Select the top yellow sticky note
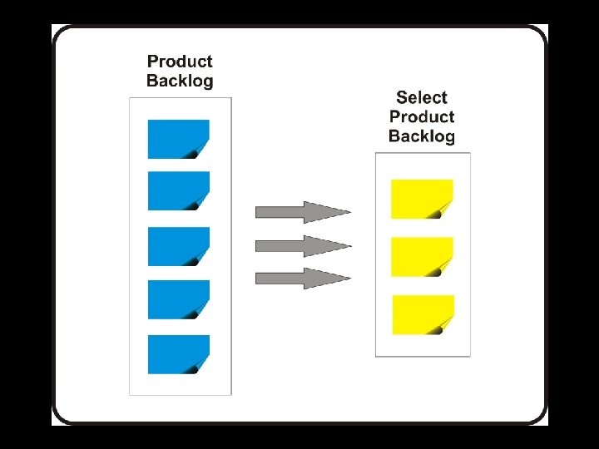(x=422, y=199)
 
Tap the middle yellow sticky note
(x=422, y=257)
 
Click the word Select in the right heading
(x=422, y=98)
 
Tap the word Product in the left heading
(x=180, y=62)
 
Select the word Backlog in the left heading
(x=180, y=81)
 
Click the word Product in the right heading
(x=422, y=117)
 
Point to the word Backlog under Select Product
(x=422, y=136)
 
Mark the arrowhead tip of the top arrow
(x=349, y=212)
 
